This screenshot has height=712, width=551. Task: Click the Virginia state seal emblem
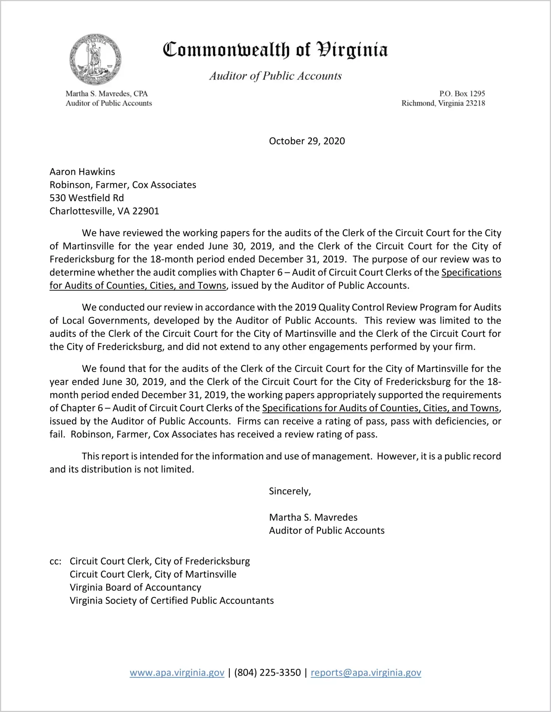95,59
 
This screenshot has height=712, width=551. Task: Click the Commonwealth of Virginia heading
275,50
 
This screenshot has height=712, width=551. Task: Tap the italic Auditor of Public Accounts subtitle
275,76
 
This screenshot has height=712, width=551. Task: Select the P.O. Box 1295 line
462,94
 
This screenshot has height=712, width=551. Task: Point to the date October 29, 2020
307,141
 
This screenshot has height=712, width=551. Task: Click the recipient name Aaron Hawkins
82,172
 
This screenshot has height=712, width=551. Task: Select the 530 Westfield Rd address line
87,198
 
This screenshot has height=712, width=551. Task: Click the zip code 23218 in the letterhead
475,103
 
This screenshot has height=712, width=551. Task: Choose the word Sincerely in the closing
290,491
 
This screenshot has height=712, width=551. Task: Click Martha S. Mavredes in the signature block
313,517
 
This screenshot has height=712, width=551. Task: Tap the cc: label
55,561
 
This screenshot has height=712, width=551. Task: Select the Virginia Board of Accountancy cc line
135,587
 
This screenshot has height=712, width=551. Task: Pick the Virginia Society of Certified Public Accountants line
171,601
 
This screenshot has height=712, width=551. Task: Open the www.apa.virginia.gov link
177,673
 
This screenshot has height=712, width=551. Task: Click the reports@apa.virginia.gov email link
366,673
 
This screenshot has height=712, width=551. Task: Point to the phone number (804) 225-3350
267,673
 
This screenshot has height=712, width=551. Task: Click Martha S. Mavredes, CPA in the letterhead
107,94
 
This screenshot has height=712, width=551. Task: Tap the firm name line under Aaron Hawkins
123,185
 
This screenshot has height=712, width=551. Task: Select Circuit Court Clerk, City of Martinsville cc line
153,574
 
